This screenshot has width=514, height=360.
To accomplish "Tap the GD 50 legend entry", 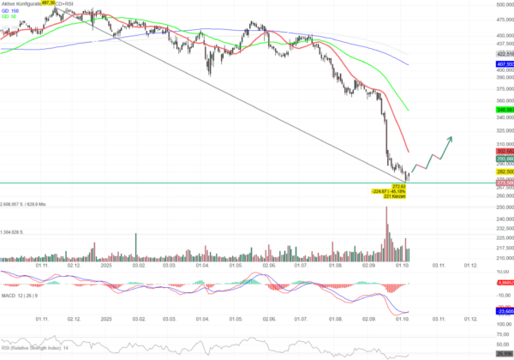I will [x=10, y=18].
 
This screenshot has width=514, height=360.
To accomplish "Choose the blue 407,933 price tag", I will [x=504, y=64].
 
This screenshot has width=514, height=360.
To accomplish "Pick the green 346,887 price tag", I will [x=504, y=110].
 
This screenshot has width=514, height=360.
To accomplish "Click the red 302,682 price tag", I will [x=504, y=151].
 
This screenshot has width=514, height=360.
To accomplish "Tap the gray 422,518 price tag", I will [x=504, y=53].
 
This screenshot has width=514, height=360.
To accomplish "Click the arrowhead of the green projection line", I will [x=451, y=137].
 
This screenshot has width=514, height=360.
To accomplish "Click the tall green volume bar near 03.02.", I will [x=135, y=245].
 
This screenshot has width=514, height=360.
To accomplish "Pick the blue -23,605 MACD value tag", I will [x=504, y=311].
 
